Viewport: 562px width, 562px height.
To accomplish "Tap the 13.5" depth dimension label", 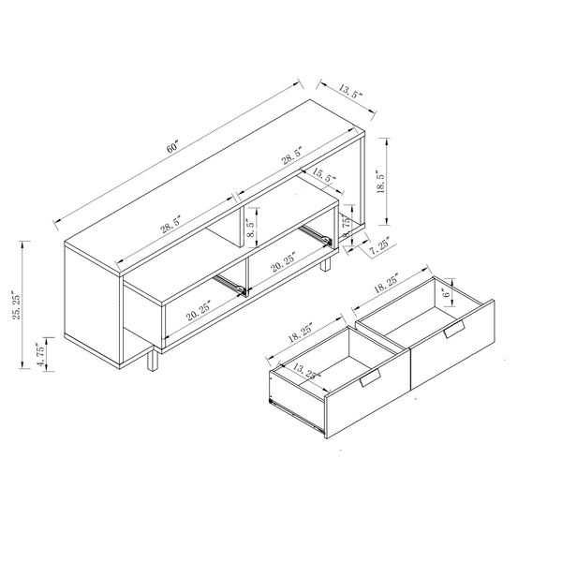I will (x=350, y=92).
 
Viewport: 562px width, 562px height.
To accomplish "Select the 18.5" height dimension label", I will (x=378, y=181).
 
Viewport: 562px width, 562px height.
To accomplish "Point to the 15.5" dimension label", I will (x=323, y=175).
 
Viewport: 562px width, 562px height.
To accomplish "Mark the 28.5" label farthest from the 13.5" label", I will (x=170, y=226).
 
